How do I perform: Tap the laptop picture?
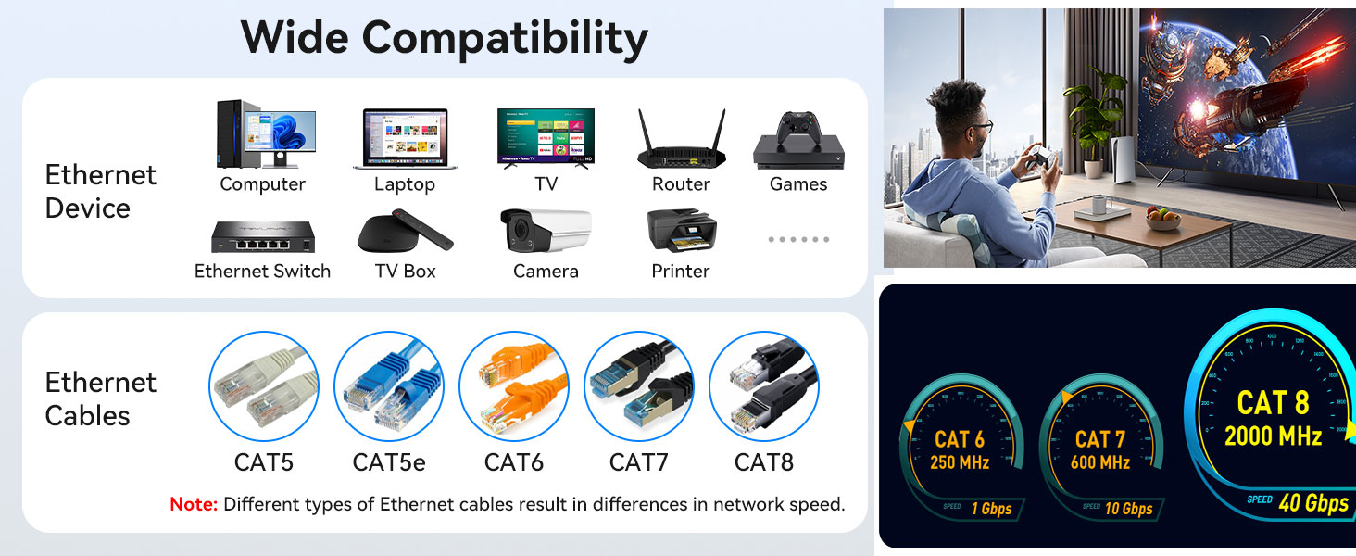(405, 138)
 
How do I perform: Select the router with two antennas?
(681, 140)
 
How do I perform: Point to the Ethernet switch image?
(262, 236)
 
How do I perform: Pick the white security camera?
(545, 231)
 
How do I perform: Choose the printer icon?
(681, 231)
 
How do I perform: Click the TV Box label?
(405, 271)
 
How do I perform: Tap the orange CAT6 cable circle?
(513, 386)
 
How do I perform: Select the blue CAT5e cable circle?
(389, 386)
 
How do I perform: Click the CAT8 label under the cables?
(763, 461)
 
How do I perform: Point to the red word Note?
(194, 505)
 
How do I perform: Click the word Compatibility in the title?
(504, 38)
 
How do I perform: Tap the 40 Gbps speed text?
(1312, 503)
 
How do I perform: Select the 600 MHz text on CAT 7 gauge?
(1099, 462)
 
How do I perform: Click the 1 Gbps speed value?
(990, 508)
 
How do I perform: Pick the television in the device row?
(546, 137)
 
